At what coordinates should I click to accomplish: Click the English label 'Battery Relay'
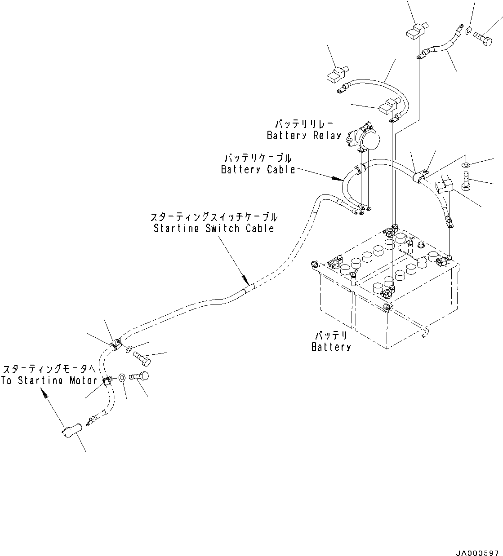(304, 135)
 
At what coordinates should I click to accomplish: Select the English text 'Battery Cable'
(258, 169)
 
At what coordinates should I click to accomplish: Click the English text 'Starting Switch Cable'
(214, 228)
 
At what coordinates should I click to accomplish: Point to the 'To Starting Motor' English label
(49, 380)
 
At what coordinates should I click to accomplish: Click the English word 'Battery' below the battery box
(331, 347)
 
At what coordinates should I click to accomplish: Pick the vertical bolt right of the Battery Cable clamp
(466, 183)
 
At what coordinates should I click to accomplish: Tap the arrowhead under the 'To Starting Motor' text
(45, 394)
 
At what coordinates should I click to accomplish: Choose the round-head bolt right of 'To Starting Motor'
(140, 377)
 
